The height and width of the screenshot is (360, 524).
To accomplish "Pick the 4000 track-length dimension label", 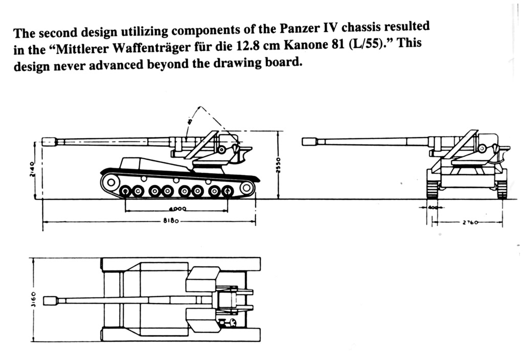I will (178, 209).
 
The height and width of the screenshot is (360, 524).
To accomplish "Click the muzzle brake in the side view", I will (49, 141).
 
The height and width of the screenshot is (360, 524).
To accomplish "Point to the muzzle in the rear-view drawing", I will (309, 141).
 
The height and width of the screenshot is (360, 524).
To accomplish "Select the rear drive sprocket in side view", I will (247, 188).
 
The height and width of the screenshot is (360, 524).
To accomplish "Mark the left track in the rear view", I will (433, 189).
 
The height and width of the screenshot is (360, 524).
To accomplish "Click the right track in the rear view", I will (501, 189).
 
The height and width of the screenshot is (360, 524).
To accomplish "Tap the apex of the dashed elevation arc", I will (200, 108).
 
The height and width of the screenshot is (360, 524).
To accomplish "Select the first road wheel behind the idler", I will (126, 192).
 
